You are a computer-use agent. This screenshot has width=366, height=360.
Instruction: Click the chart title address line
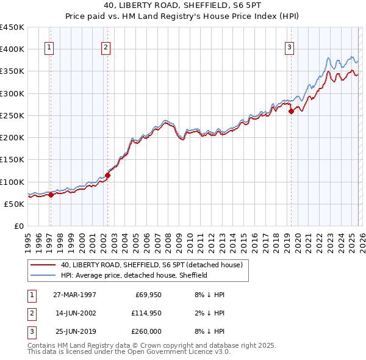(182, 7)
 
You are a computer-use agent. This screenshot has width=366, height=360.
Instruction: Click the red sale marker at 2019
(291, 111)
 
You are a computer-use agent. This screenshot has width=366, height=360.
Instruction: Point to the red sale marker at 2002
(107, 175)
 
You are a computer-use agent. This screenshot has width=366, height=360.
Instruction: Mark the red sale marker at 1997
(51, 195)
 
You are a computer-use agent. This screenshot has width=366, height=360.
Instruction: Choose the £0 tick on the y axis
(18, 226)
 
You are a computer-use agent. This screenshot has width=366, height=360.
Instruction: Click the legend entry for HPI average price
(134, 275)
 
